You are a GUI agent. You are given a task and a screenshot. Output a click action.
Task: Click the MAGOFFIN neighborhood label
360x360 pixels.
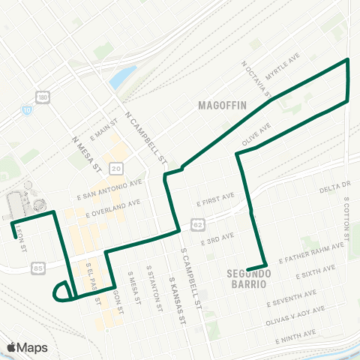pyautogui.click(x=222, y=106)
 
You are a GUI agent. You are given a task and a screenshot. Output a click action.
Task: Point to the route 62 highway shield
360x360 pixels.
pyautogui.click(x=196, y=223)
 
